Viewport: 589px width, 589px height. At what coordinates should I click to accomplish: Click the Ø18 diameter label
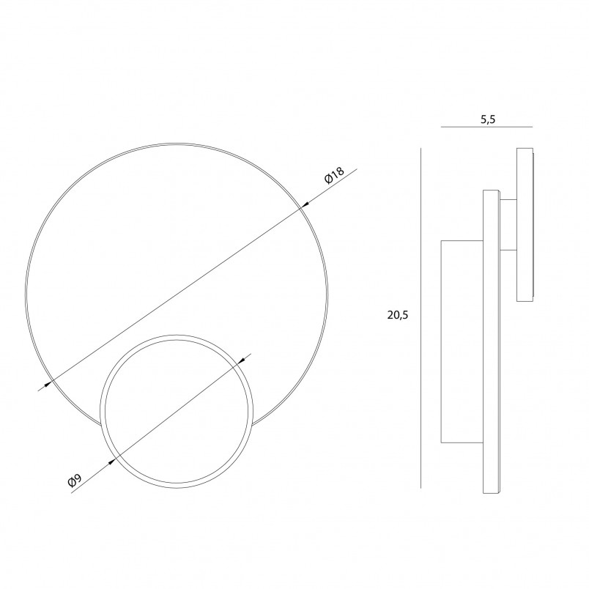point(334,175)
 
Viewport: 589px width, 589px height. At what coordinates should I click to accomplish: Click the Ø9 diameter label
point(75,481)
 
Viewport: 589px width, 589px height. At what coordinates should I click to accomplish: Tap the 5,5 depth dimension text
point(488,119)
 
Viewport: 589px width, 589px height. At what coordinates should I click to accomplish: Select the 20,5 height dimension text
point(397,315)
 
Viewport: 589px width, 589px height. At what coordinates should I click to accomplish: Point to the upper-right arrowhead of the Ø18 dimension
point(305,204)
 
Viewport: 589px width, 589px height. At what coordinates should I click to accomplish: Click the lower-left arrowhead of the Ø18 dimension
point(48,385)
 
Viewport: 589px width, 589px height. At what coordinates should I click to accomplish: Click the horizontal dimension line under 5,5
point(486,127)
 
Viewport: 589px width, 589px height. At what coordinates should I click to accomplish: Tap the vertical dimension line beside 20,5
point(421,318)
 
